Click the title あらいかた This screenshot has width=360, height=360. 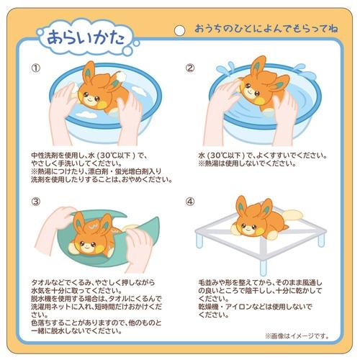click(x=80, y=35)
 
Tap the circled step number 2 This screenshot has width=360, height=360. click(x=191, y=68)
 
